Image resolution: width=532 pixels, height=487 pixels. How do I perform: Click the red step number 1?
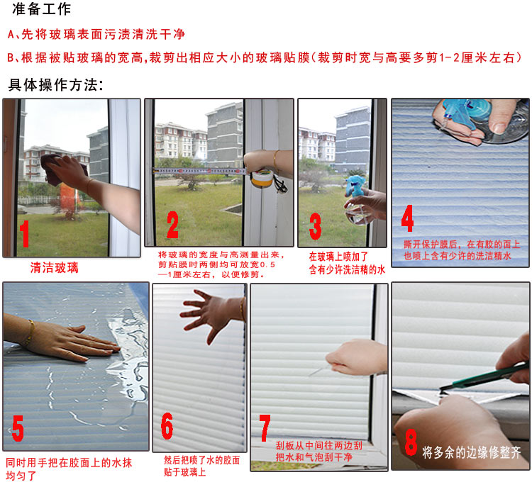[x=24, y=234]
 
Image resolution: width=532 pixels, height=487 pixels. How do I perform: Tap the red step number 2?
[x=172, y=225]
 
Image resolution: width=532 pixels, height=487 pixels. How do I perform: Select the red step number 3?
[x=315, y=226]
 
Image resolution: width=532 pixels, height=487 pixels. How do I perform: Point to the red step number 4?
[x=407, y=218]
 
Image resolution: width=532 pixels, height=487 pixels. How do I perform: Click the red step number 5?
[x=18, y=429]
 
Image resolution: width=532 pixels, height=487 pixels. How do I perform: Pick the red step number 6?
[x=167, y=426]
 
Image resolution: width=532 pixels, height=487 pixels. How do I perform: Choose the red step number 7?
[x=265, y=428]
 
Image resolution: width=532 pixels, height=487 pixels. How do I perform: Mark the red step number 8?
[x=411, y=442]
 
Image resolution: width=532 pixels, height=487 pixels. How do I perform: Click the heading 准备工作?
[x=41, y=9]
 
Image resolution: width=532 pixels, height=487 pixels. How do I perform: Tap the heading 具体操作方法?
[x=55, y=85]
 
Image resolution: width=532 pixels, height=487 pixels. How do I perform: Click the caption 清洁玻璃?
[x=55, y=267]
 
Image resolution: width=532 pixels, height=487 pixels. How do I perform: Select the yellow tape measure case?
[x=262, y=179]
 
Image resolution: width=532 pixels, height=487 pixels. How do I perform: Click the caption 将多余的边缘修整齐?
[x=471, y=452]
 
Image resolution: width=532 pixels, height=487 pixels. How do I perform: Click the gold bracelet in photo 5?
[x=30, y=332]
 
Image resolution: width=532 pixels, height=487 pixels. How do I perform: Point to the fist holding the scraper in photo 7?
[x=355, y=358]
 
